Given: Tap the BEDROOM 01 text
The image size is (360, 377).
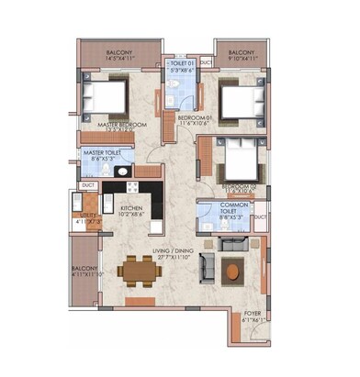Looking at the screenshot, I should pyautogui.click(x=195, y=117).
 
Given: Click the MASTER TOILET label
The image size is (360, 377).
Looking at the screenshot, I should pyautogui.click(x=103, y=153).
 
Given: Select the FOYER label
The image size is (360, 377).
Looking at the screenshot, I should pyautogui.click(x=252, y=315).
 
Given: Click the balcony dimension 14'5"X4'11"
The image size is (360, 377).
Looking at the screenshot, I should pyautogui.click(x=120, y=59).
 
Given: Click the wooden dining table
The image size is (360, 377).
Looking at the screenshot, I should pyautogui.click(x=141, y=270).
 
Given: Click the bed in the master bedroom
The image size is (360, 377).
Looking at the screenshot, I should pyautogui.click(x=107, y=94).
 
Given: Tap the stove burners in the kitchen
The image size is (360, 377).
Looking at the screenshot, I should pyautogui.click(x=132, y=186).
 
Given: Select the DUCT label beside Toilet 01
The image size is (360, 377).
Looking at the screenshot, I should pyautogui.click(x=206, y=62).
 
